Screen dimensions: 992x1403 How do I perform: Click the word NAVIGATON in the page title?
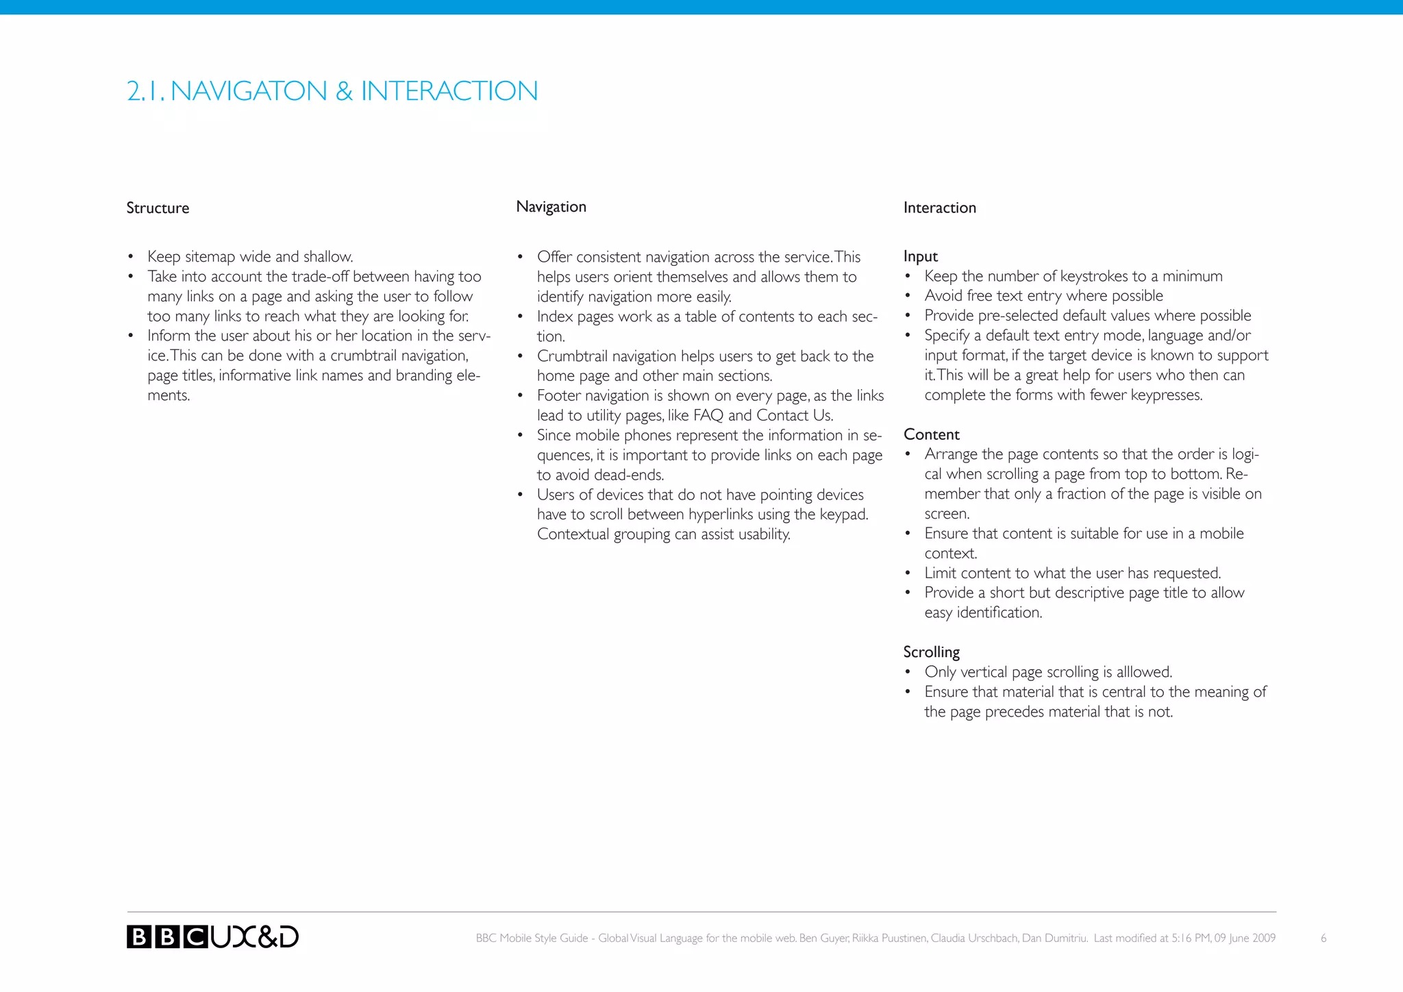[249, 91]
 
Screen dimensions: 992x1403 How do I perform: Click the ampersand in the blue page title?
[344, 91]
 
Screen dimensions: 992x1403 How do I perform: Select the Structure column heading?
[158, 208]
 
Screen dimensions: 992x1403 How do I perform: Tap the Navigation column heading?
[551, 207]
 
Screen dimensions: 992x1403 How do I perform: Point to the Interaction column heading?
[939, 208]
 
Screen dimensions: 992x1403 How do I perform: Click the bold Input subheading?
[920, 256]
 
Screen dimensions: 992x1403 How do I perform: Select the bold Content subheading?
[931, 434]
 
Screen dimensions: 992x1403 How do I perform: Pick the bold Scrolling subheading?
[931, 652]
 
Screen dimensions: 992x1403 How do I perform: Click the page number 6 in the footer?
[1324, 939]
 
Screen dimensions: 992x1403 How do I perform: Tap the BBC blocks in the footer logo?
[167, 937]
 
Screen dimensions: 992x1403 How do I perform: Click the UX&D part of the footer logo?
[255, 937]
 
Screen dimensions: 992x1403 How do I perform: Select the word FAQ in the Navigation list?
[708, 416]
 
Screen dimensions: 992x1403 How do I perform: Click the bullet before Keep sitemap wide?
[130, 258]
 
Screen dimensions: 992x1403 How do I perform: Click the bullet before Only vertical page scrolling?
[908, 673]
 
